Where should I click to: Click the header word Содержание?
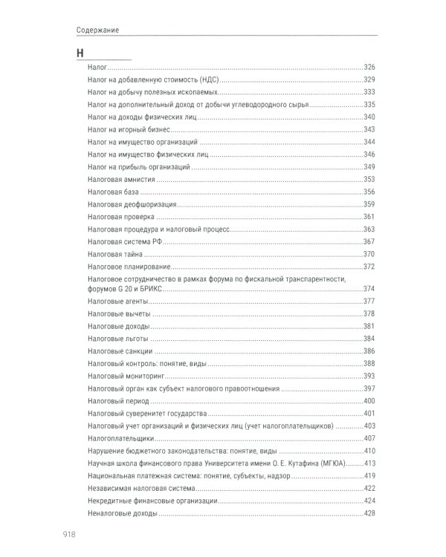click(x=97, y=30)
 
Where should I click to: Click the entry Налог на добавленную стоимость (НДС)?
click(x=154, y=80)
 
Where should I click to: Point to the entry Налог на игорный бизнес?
click(x=128, y=130)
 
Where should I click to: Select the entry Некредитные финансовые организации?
click(x=152, y=501)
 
